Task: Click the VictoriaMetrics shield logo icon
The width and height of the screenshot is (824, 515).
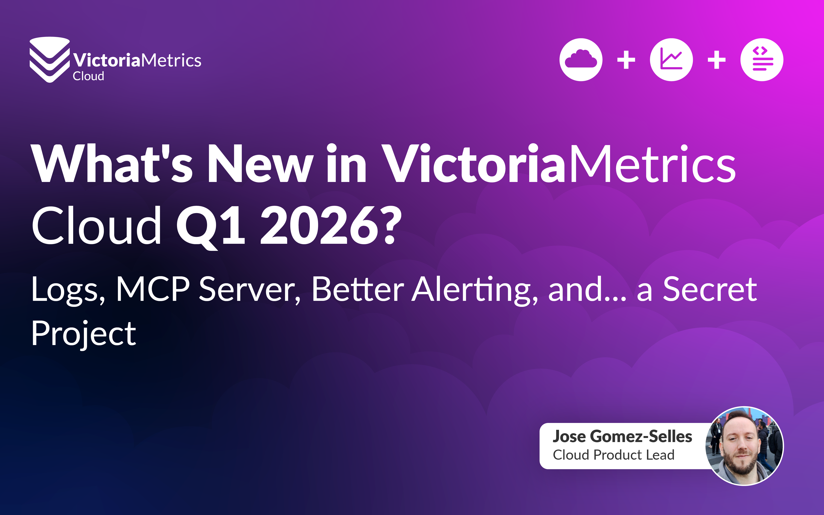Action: [50, 60]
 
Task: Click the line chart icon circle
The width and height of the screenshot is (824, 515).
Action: [671, 60]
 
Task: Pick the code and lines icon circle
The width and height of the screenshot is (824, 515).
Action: [762, 60]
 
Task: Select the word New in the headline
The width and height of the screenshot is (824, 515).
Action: [261, 164]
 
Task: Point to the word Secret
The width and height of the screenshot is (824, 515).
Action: [710, 289]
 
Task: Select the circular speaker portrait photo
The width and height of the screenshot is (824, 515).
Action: [744, 446]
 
